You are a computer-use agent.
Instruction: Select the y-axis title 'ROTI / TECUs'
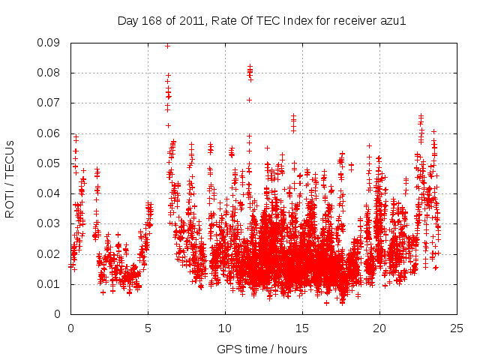[x=10, y=178]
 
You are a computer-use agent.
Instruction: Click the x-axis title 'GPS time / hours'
[x=262, y=349]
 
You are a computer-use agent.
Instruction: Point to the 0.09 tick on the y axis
[x=51, y=43]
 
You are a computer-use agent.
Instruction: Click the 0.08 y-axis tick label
[x=51, y=73]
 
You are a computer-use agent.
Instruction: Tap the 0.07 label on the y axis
[x=51, y=103]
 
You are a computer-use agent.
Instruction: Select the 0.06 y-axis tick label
[x=51, y=133]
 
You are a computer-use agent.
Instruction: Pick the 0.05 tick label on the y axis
[x=51, y=163]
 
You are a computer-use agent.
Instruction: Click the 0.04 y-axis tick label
[x=51, y=193]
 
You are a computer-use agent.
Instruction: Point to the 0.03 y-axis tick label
[x=51, y=223]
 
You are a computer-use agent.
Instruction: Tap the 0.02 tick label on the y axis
[x=51, y=253]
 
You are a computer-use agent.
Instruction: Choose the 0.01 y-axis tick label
[x=51, y=284]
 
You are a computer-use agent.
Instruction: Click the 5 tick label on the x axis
[x=148, y=328]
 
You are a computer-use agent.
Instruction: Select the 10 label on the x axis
[x=225, y=328]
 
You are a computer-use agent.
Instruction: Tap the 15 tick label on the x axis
[x=302, y=328]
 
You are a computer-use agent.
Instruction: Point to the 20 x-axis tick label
[x=379, y=328]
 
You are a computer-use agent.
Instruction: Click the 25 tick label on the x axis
[x=457, y=328]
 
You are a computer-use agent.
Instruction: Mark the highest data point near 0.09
[x=167, y=46]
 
